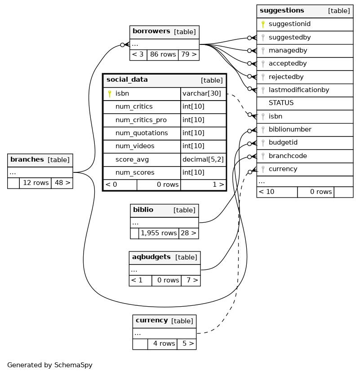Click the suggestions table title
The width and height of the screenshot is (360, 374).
(282, 11)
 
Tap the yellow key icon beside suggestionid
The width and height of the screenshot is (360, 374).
(263, 24)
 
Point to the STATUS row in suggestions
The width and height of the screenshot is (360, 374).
(281, 103)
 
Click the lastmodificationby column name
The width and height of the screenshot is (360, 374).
(298, 90)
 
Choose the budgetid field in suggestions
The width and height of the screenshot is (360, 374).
(283, 142)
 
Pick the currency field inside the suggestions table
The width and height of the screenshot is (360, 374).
(283, 169)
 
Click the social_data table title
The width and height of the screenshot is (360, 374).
(127, 80)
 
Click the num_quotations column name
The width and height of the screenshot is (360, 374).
(142, 133)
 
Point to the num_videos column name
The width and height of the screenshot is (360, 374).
(135, 146)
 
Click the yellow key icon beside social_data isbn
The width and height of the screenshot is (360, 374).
(110, 93)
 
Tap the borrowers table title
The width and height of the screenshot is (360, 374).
(151, 31)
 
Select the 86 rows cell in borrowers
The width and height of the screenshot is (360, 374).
(163, 54)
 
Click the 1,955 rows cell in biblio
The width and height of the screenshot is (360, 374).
(159, 233)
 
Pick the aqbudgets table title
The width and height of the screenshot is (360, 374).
(151, 257)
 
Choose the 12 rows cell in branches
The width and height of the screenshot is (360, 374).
(36, 183)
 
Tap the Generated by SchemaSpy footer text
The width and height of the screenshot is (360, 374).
(50, 365)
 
